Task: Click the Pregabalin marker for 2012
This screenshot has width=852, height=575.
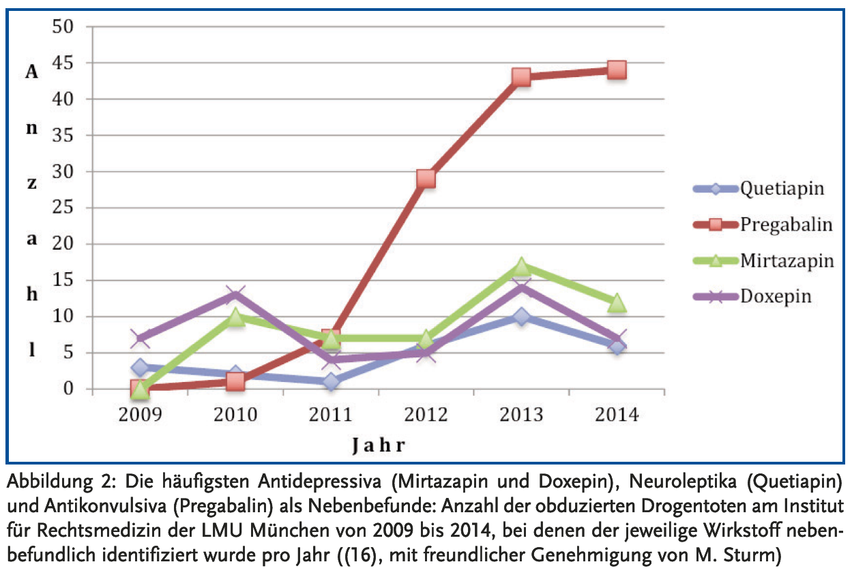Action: pyautogui.click(x=426, y=179)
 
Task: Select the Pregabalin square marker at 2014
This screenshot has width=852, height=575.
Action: pyautogui.click(x=617, y=70)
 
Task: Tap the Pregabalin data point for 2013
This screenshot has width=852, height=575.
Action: pyautogui.click(x=521, y=77)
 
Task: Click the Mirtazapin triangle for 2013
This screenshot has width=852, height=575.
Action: pyautogui.click(x=521, y=266)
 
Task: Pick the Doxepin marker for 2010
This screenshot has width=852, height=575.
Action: pyautogui.click(x=235, y=295)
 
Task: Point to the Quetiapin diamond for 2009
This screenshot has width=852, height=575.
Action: pyautogui.click(x=141, y=368)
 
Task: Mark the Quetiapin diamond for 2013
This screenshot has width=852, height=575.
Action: pyautogui.click(x=521, y=316)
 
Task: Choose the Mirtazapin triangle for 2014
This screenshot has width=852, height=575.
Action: pyautogui.click(x=617, y=302)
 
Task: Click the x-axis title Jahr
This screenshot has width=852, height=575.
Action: pyautogui.click(x=379, y=447)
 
